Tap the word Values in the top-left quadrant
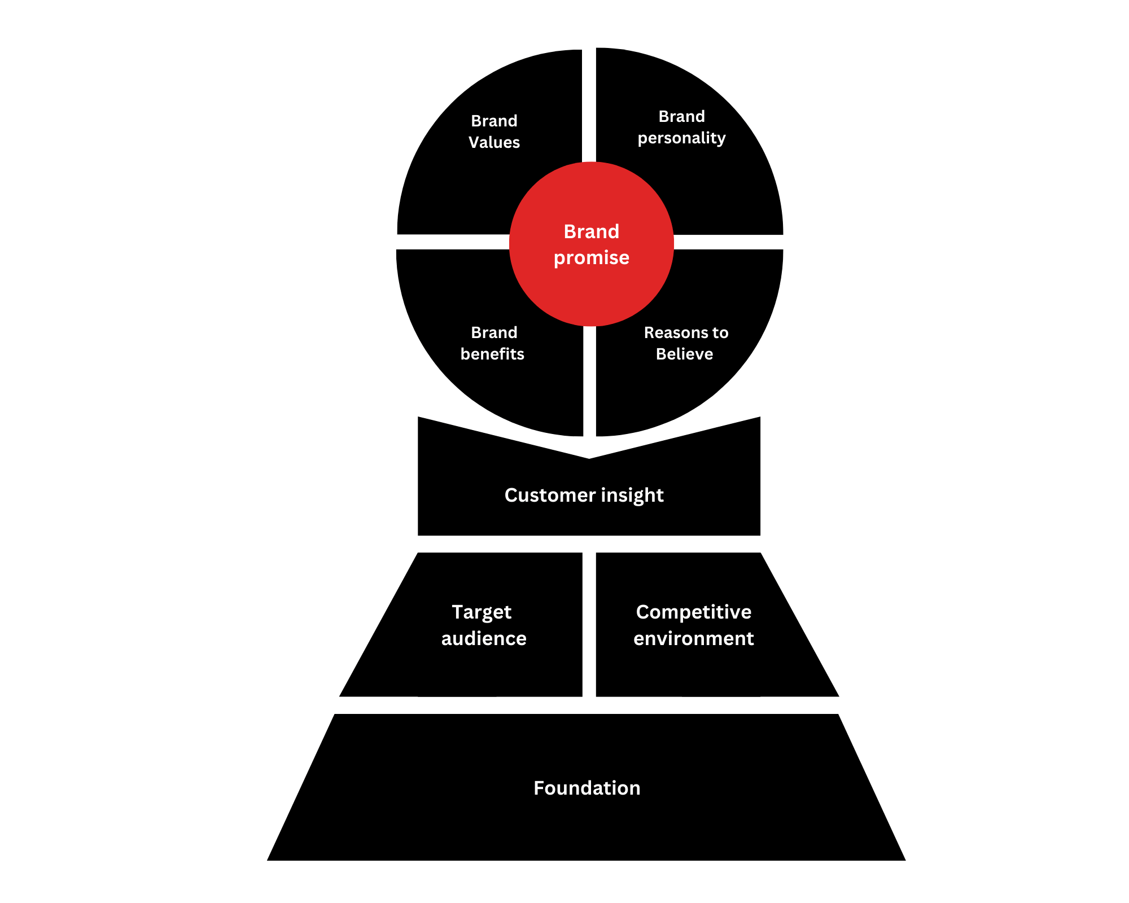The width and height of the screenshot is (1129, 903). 494,142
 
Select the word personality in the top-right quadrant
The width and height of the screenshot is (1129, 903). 681,138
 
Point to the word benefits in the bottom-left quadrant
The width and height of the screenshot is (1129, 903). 492,354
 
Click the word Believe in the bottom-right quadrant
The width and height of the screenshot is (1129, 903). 684,354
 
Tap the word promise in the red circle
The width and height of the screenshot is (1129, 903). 591,257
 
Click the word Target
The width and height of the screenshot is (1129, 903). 482,612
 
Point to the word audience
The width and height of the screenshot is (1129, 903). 484,638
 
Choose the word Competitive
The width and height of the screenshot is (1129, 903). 694,612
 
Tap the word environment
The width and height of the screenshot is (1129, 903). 694,638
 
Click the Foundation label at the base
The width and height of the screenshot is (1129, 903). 587,788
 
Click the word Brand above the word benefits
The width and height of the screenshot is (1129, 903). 494,332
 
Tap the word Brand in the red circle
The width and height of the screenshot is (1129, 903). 591,231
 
